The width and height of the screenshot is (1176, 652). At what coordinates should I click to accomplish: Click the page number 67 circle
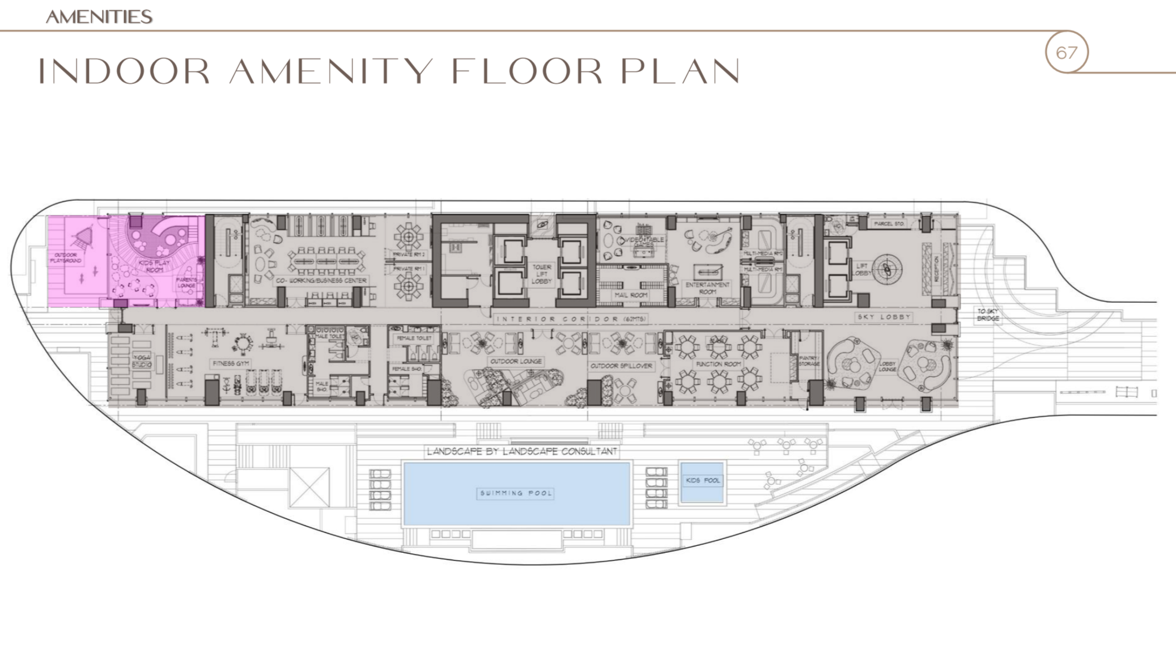[x=1066, y=53]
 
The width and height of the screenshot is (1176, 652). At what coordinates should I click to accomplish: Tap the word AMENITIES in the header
[x=99, y=17]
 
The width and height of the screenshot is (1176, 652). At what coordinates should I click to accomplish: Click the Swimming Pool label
[x=516, y=493]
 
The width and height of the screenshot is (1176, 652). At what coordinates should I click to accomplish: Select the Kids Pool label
[x=703, y=480]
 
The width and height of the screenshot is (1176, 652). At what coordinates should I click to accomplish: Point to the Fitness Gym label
[x=231, y=363]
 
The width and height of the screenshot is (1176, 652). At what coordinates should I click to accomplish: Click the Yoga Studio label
[x=142, y=361]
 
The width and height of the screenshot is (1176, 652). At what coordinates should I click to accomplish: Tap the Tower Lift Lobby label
[x=541, y=274]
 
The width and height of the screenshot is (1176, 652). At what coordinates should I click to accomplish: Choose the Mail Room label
[x=631, y=295]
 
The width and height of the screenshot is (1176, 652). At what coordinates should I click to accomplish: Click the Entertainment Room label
[x=707, y=288]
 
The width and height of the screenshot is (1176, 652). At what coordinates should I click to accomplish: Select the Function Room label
[x=718, y=364]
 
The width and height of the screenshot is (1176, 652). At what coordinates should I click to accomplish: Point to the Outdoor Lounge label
[x=516, y=361]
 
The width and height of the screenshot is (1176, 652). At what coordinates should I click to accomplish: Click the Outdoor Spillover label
[x=621, y=366]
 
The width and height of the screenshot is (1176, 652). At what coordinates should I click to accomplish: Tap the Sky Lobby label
[x=884, y=317]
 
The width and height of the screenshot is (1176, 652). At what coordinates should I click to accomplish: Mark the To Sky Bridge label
[x=988, y=315]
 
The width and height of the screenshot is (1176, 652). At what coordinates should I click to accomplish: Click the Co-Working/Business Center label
[x=321, y=281]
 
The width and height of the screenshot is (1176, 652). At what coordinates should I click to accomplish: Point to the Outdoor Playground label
[x=66, y=258]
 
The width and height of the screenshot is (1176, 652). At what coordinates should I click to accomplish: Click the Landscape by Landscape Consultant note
[x=521, y=451]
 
